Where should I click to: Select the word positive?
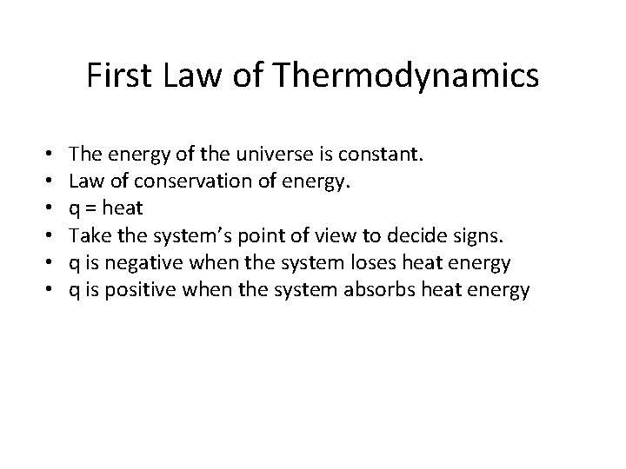pos(130,290)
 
